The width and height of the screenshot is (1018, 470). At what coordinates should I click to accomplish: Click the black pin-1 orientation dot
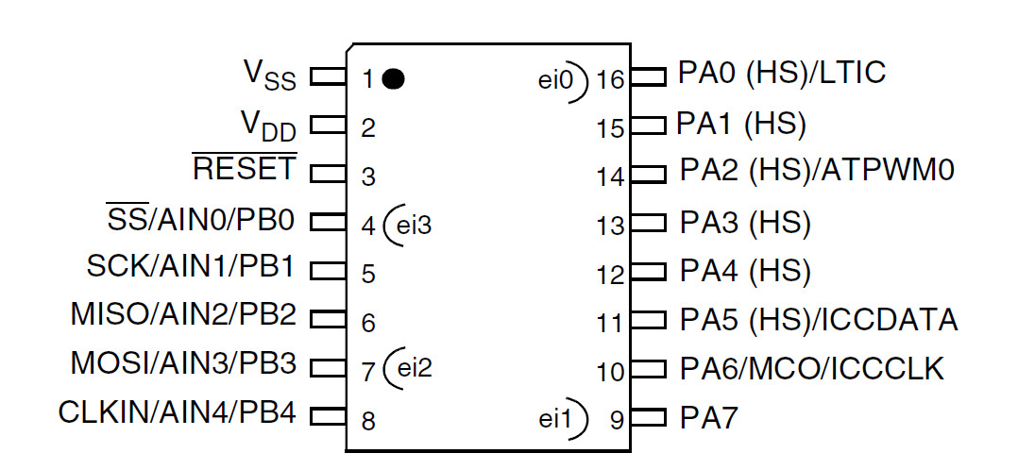click(394, 78)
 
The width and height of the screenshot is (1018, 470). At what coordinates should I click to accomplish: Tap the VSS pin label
click(269, 76)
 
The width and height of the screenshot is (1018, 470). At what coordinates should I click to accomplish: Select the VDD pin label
click(269, 125)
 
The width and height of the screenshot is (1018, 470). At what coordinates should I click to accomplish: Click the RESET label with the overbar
click(245, 169)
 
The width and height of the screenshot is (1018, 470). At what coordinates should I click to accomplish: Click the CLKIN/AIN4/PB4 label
click(177, 412)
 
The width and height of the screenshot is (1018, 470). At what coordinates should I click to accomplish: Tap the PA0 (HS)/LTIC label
click(782, 74)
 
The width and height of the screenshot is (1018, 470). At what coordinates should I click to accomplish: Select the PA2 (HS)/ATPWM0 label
click(817, 171)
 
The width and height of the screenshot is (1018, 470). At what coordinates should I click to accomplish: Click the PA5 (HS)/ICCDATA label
click(819, 320)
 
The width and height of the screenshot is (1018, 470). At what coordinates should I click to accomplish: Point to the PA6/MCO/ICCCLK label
click(811, 368)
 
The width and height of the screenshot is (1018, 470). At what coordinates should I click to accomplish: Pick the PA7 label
click(709, 418)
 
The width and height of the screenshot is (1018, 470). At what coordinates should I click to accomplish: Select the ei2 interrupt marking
click(413, 367)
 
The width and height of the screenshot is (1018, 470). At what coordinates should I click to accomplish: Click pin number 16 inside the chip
click(610, 79)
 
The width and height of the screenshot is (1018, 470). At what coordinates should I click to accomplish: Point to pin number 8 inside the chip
click(368, 421)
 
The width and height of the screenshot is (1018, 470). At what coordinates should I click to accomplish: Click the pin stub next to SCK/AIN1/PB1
click(327, 271)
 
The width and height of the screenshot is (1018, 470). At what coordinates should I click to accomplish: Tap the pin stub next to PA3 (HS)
click(648, 223)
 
